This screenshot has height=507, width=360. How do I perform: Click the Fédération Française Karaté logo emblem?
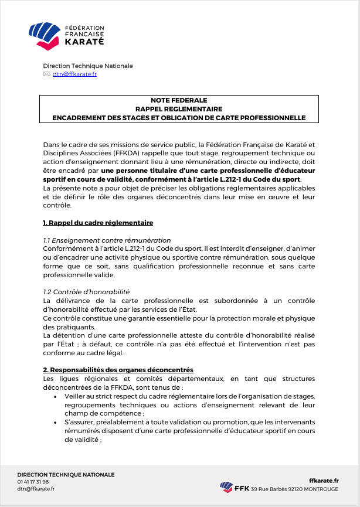coord(45,35)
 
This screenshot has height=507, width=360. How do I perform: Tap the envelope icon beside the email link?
coord(47,74)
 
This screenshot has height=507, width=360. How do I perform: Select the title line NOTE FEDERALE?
coord(179,101)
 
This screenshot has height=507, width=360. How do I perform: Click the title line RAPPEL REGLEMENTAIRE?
coord(179,109)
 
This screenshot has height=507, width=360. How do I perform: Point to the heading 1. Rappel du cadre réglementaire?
coord(98,223)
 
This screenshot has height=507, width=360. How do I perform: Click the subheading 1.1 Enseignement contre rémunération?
coord(107,240)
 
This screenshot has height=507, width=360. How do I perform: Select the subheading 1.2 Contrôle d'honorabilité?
coord(86,291)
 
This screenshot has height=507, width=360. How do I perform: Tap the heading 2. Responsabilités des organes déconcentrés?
coord(118,370)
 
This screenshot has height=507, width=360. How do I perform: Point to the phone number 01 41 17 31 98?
coord(33,482)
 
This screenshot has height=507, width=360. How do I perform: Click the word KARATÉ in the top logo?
coord(84,42)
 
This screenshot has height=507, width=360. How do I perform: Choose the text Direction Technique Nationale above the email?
coord(88,66)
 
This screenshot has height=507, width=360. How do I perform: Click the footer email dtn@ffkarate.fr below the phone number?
coord(36,489)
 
